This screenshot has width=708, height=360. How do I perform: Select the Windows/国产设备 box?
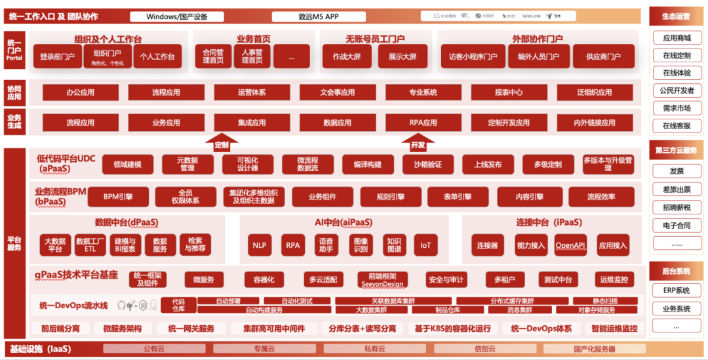point(177,16)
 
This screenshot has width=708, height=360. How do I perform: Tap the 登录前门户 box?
point(57,57)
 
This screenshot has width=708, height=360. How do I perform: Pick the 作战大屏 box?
point(347,57)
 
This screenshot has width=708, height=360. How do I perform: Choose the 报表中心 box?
point(509,92)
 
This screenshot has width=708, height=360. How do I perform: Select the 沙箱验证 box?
point(423,165)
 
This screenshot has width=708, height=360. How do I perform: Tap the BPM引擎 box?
point(119,197)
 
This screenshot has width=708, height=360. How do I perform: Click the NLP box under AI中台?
point(259,245)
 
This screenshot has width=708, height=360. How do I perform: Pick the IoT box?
point(425,245)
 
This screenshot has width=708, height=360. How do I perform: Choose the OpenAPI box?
point(571,245)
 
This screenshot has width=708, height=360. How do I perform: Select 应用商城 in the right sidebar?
point(677,39)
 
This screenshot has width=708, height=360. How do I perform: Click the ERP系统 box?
point(677,290)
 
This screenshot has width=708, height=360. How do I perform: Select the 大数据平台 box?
point(55,245)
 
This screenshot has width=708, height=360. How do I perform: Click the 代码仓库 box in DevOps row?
point(178,305)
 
